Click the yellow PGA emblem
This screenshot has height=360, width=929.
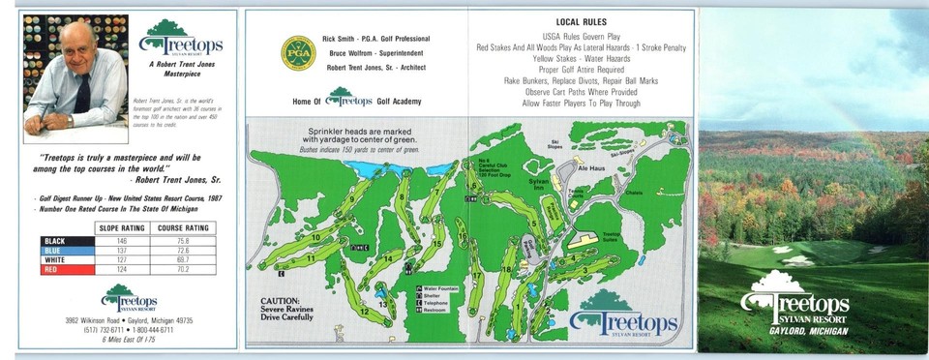[298, 53]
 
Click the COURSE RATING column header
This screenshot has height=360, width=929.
[185, 227]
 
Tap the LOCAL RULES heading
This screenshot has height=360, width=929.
[581, 21]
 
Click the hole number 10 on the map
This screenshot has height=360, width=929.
[315, 237]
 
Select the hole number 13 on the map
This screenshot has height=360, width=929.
[383, 304]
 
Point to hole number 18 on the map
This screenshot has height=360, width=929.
[506, 268]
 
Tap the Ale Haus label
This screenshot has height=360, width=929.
[590, 166]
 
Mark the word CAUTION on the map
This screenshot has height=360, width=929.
[280, 301]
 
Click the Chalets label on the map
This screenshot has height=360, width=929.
[660, 193]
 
